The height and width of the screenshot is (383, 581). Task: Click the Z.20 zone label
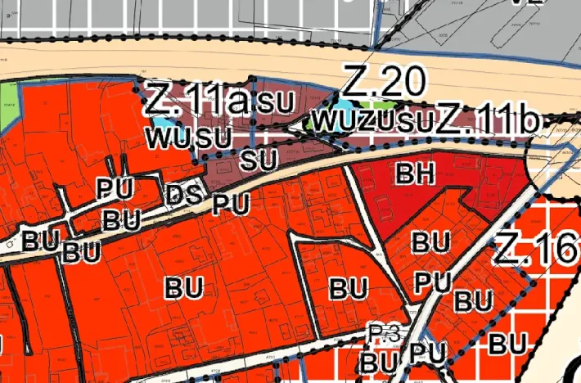pyautogui.click(x=385, y=82)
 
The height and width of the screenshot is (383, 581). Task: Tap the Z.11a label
pyautogui.click(x=196, y=101)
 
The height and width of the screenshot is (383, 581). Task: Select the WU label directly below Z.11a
pyautogui.click(x=164, y=136)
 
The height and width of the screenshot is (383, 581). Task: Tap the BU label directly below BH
pyautogui.click(x=430, y=242)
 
